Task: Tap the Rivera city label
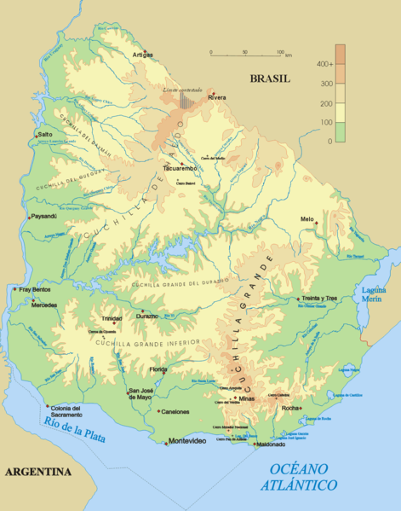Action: [218, 98]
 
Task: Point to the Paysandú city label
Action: [43, 216]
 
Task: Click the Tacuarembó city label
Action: [180, 169]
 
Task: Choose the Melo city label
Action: [307, 218]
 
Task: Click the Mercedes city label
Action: [45, 305]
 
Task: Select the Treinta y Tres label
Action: [320, 299]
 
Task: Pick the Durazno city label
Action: [146, 316]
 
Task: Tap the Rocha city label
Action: [290, 408]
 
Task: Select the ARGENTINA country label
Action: [37, 471]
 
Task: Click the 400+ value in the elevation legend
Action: [323, 64]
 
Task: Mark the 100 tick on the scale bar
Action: [279, 52]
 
